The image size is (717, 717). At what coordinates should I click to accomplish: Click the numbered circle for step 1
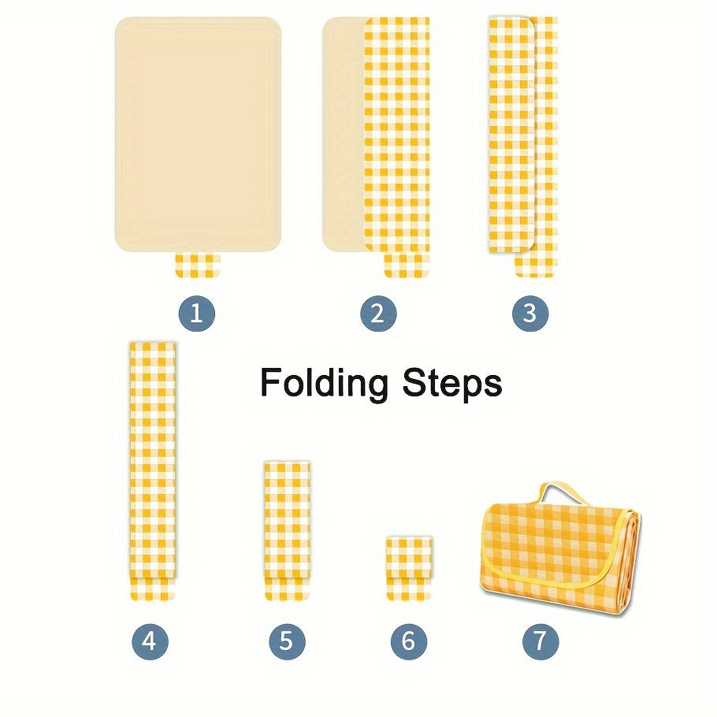click(197, 314)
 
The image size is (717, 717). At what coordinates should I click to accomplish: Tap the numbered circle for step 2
click(378, 314)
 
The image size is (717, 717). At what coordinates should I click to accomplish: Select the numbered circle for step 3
click(530, 314)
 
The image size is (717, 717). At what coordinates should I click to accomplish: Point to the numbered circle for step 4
click(150, 641)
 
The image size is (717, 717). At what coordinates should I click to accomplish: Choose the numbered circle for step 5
click(287, 641)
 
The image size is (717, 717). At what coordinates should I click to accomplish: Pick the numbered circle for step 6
click(409, 641)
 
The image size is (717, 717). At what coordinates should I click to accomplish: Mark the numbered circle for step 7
click(541, 641)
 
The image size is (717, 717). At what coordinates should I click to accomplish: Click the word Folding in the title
click(324, 383)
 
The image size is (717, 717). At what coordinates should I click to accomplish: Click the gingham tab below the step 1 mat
click(198, 266)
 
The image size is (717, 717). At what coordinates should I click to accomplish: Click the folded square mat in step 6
click(409, 568)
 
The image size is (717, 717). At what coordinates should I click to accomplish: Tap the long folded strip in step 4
click(153, 470)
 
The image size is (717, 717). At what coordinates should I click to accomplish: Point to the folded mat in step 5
click(287, 531)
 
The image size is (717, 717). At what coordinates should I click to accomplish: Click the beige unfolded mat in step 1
click(198, 135)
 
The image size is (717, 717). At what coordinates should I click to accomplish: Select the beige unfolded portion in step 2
click(344, 135)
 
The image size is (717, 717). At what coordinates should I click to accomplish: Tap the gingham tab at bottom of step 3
click(537, 265)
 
